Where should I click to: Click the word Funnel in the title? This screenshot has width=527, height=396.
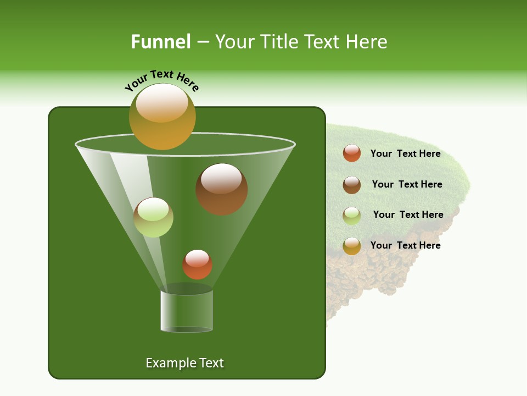coord(160,42)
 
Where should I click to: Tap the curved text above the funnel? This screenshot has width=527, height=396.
coord(162,80)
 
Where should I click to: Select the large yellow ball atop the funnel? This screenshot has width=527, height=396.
coord(162,117)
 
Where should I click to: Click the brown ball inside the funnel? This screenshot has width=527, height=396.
coord(222,189)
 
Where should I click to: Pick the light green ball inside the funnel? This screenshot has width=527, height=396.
coord(154,217)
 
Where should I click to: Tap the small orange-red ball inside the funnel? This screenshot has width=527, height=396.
coord(197,265)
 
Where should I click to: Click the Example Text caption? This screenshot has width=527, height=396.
coord(184,363)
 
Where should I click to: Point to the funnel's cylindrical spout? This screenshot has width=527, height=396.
coord(187,311)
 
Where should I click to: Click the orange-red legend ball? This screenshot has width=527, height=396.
coord(352,153)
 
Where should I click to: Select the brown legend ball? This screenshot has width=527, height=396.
coord(352,185)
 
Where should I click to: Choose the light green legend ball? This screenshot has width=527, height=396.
coord(352,216)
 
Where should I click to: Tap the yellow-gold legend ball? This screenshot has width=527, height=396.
coord(352,246)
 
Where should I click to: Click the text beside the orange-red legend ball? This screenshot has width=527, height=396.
coord(405,154)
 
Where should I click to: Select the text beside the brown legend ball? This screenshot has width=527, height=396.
coord(407,185)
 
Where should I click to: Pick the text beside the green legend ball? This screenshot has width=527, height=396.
coord(408,215)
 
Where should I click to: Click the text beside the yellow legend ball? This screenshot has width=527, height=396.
coord(405,245)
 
